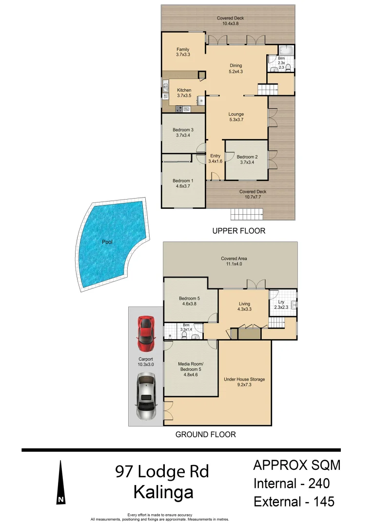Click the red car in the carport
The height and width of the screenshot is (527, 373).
(x=146, y=333)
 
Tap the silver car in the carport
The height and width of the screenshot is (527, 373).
(x=146, y=396)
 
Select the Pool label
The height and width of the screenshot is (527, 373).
(x=107, y=242)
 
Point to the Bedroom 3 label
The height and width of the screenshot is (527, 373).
(x=183, y=130)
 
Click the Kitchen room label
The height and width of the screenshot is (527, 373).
(x=184, y=90)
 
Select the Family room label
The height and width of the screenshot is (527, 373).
(x=183, y=49)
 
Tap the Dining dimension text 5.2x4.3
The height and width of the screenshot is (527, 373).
(x=236, y=72)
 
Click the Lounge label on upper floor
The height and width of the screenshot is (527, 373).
(x=236, y=114)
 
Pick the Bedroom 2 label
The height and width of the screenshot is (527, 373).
(x=246, y=157)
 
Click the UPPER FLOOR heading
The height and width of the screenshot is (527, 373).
(x=239, y=231)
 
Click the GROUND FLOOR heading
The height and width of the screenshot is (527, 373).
(x=205, y=434)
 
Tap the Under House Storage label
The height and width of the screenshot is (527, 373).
(x=244, y=379)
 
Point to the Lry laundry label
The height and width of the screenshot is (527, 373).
(x=281, y=302)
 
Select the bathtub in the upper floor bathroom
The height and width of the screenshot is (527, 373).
(x=286, y=50)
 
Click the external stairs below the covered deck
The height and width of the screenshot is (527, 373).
(x=247, y=214)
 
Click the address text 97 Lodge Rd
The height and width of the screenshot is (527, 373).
(x=162, y=471)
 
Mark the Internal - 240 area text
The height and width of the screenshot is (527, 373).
(x=292, y=484)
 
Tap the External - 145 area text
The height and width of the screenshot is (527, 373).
(x=294, y=501)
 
